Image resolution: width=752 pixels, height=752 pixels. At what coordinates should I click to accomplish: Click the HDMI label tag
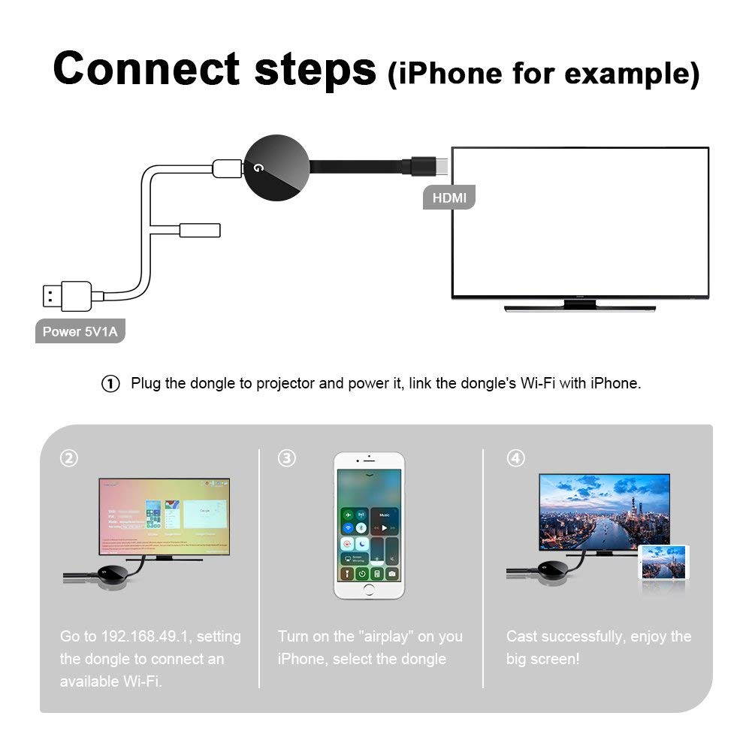click(x=449, y=198)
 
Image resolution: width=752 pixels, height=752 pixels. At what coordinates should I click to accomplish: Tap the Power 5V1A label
click(x=80, y=331)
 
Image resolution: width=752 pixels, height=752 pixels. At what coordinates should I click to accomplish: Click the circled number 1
click(x=110, y=384)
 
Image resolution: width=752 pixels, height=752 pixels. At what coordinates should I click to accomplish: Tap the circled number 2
click(x=69, y=458)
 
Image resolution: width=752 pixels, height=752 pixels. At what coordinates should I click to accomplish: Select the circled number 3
click(x=287, y=458)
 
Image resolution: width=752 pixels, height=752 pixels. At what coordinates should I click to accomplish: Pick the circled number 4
click(x=515, y=458)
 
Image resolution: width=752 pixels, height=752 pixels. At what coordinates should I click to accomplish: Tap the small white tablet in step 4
click(x=664, y=562)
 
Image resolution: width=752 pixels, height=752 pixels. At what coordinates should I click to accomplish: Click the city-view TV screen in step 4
click(x=604, y=510)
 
